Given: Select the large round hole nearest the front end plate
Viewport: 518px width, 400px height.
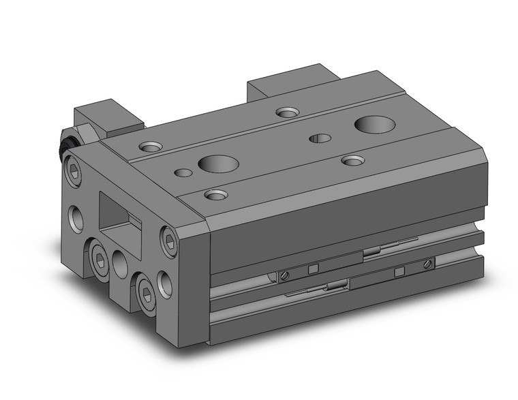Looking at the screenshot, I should [217, 164].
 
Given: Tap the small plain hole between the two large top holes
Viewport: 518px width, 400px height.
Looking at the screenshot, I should [320, 139].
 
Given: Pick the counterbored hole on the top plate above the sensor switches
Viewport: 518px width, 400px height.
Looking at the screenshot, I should [352, 160].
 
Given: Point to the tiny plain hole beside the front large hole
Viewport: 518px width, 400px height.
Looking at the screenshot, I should [183, 172].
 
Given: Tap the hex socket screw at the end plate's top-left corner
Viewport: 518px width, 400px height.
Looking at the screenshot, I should [73, 168].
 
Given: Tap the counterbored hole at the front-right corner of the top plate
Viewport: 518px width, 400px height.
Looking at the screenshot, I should [217, 196].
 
